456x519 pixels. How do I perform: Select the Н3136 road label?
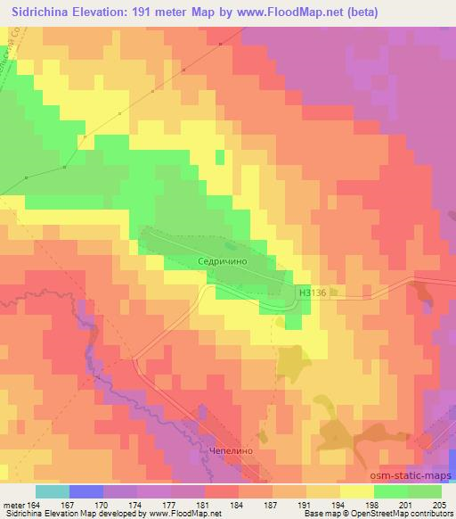point(313,291)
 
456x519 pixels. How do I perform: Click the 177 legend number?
point(172,504)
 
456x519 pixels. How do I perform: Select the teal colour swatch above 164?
point(53,491)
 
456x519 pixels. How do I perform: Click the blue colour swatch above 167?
point(86,491)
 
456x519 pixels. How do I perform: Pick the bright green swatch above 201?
point(391,491)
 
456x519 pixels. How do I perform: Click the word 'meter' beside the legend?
point(13,504)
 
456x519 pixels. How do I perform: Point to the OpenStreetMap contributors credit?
point(401,514)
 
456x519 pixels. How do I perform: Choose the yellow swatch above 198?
point(357,491)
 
